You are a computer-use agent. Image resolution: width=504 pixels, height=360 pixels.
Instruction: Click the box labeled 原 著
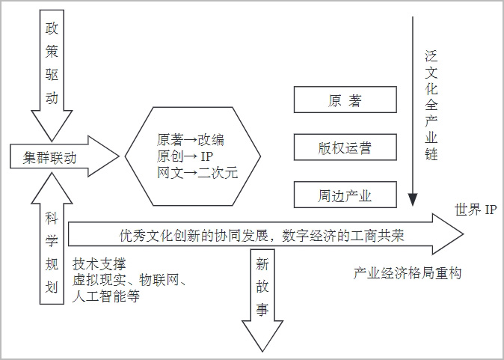[x=345, y=100]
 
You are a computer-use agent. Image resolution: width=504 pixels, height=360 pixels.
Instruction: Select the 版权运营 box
[x=345, y=147]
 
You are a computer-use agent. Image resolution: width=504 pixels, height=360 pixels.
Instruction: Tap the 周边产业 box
[x=345, y=195]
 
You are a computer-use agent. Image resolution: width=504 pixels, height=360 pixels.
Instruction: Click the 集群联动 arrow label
[x=49, y=158]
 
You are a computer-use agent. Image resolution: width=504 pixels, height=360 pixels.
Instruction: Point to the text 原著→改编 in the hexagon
[x=191, y=140]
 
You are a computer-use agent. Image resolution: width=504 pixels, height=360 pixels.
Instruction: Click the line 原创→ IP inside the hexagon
[x=185, y=156]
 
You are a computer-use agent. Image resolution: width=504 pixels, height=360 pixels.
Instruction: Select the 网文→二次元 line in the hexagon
[x=197, y=173]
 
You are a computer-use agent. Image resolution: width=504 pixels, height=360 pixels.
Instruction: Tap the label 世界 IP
[x=476, y=210]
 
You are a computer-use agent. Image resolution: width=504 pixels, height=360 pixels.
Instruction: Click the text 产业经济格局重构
[x=408, y=273]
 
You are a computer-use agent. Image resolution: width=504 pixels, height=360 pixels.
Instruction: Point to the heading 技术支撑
[x=99, y=264]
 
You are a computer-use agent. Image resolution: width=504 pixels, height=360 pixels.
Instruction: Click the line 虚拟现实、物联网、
[x=129, y=280]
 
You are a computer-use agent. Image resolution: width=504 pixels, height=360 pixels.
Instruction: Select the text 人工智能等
[x=106, y=296]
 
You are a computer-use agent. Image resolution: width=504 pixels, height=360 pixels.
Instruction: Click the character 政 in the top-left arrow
[x=52, y=28]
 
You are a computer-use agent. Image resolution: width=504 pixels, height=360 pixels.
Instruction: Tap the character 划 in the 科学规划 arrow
[x=52, y=287]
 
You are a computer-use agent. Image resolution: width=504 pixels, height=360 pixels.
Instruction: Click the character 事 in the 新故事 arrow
[x=262, y=309]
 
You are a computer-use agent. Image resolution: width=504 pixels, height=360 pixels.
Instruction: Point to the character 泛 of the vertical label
[x=431, y=57]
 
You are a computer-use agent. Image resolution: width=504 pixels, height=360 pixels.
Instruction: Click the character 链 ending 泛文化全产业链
[x=431, y=153]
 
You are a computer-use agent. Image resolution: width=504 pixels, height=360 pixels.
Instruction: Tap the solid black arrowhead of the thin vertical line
[x=412, y=200]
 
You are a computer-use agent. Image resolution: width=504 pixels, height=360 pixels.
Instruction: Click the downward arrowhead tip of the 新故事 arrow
[x=262, y=351]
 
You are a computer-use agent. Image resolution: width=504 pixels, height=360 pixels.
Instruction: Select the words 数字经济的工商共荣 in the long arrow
[x=343, y=237]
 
